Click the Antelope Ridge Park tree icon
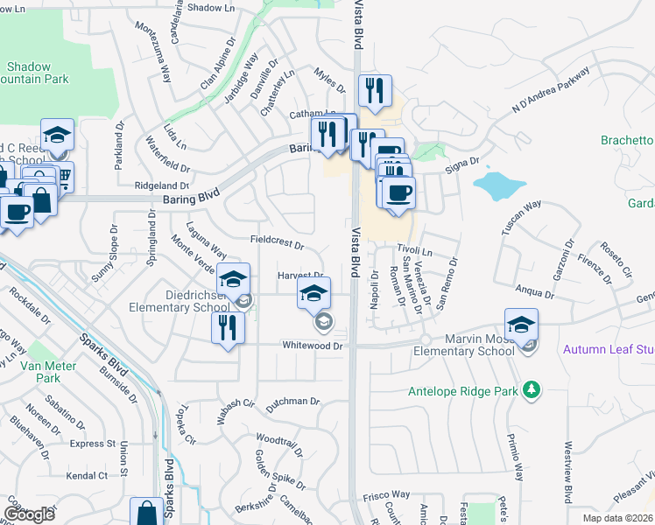pos(531,388)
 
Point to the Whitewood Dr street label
pos(312,346)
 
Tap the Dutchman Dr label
pos(288,402)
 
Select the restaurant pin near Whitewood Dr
pos(226,329)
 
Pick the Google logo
pos(29,514)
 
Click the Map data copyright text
pos(618,517)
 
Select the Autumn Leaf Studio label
pos(609,348)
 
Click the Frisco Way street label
pos(382,494)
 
